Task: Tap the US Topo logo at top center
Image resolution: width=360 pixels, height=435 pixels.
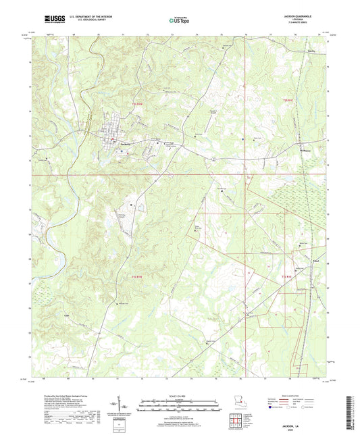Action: [180, 21]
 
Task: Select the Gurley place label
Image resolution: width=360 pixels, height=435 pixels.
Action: [311, 51]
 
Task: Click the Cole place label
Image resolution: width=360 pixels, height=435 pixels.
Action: [48, 315]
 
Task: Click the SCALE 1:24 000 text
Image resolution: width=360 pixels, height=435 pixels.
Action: [179, 396]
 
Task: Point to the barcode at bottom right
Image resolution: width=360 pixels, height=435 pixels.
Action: [349, 413]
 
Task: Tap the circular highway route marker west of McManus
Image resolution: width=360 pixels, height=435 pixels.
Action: [212, 158]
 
